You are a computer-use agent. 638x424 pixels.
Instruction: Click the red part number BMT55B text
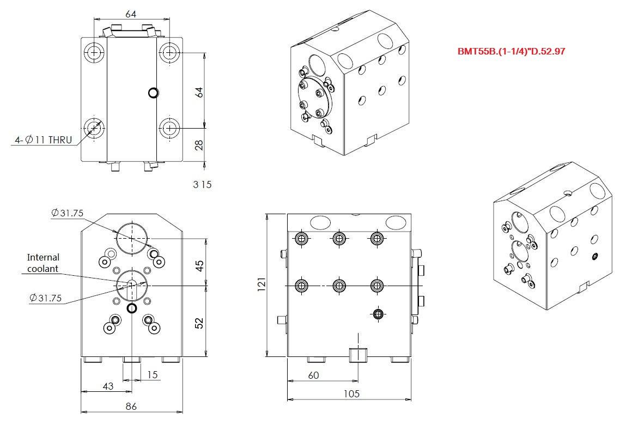pos(511,51)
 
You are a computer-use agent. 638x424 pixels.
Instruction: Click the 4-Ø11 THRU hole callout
pos(43,140)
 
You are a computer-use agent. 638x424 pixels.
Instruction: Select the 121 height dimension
pos(262,284)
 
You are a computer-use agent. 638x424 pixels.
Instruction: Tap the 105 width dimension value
pos(351,393)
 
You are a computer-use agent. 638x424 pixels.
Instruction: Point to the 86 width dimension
pos(131,406)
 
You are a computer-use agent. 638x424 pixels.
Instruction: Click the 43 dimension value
pos(108,386)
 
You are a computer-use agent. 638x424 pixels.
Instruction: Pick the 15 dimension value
pos(152,374)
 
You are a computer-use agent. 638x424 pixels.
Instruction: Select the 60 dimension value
pos(313,375)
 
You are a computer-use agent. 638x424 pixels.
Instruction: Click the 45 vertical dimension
pos(199,266)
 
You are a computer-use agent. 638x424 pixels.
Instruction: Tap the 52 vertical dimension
pos(199,323)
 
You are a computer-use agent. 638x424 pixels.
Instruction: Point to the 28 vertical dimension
pos(199,145)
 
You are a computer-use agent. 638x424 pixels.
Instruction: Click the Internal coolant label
pos(42,263)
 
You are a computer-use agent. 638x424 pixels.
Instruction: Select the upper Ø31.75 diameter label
pos(68,213)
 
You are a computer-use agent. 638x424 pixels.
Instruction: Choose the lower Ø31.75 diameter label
pos(46,298)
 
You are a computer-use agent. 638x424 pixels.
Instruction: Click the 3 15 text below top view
pos(202,184)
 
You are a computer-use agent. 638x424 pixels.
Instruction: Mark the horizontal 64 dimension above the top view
pos(131,14)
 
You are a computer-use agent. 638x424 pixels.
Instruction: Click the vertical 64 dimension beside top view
pos(199,92)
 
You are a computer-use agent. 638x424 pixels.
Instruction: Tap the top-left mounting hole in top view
pos(94,52)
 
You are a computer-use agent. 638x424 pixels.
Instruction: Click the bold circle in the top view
pos(153,93)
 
